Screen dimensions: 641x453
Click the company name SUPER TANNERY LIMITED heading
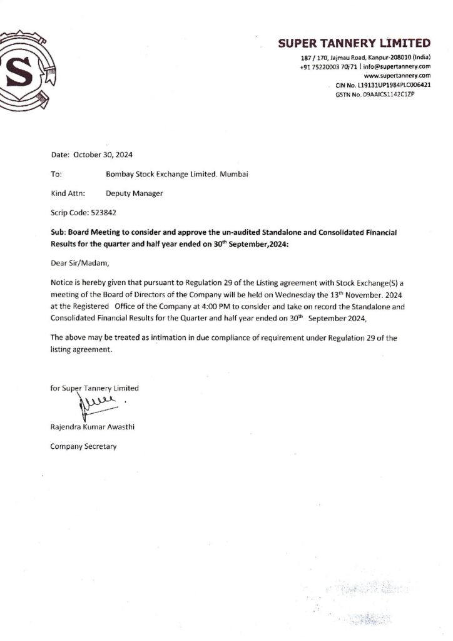tap(354, 43)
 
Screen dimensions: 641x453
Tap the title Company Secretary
tap(83, 447)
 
